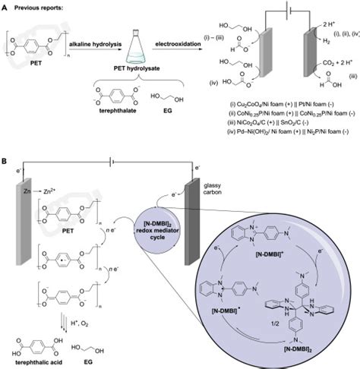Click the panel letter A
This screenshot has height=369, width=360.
pos(5,6)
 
